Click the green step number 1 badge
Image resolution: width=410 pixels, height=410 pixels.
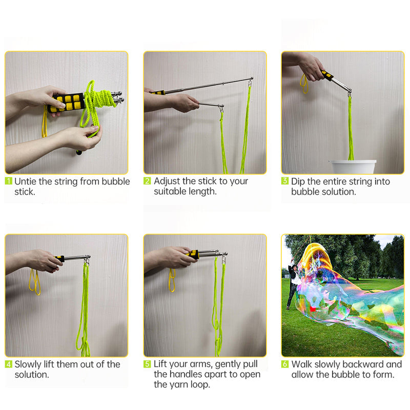point(9,181)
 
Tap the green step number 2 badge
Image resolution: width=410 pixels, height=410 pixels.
point(147,181)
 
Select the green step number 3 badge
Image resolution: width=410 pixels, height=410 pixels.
point(285,181)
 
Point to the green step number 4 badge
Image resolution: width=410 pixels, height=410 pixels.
point(9,364)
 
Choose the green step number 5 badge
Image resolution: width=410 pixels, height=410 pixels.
point(147,364)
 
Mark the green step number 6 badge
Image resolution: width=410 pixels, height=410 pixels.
point(285,364)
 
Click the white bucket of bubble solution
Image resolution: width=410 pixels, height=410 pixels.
point(353,167)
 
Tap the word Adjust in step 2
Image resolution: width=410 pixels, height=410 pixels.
point(167,181)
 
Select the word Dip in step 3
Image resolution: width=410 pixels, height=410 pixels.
point(298,182)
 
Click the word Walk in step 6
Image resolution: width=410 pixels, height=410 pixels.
point(302,364)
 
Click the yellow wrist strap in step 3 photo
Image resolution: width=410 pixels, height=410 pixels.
point(304,84)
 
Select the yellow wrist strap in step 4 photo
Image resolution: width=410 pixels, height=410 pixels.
point(34,282)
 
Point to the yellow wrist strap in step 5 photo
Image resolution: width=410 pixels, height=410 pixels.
point(172,280)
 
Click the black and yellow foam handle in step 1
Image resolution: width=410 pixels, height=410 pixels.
point(67,103)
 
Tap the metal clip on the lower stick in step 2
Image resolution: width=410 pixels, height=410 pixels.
point(222,108)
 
